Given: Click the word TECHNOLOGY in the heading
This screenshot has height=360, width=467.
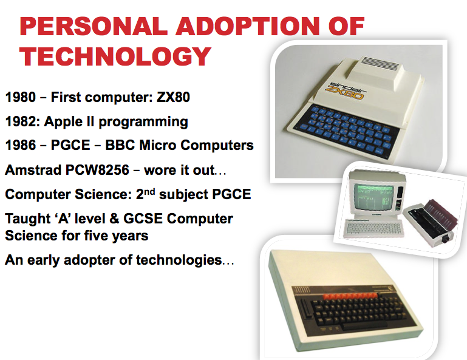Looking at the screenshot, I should click(x=115, y=56).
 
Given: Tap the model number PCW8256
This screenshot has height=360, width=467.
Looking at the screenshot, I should click(x=97, y=170).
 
